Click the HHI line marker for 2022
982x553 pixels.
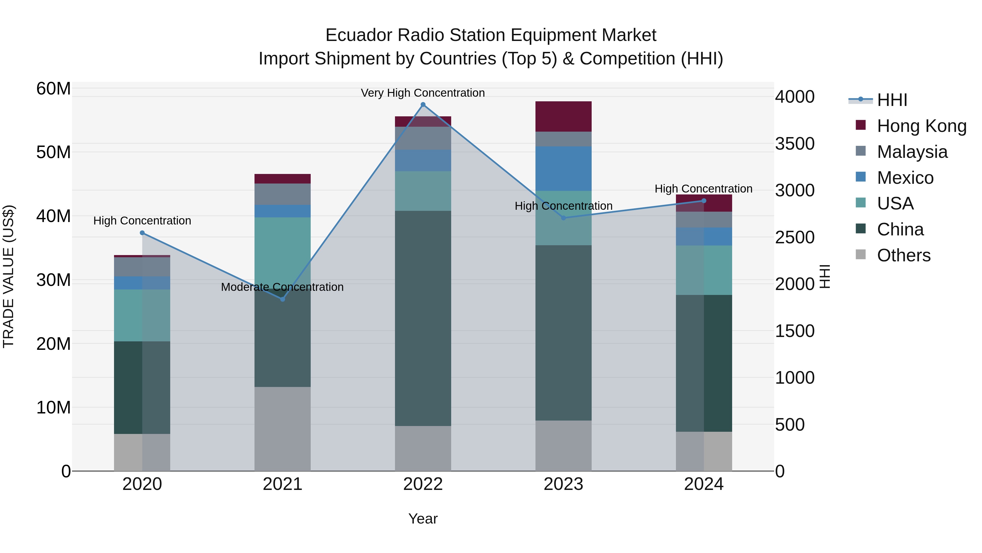pos(423,105)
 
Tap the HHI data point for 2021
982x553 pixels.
pos(283,299)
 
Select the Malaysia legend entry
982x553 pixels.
pos(912,152)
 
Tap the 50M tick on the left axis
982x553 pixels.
pos(53,152)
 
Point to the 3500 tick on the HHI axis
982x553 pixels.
pos(795,144)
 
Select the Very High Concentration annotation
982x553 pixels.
pos(423,93)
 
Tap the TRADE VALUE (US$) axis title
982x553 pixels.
pos(8,276)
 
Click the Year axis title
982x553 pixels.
pos(423,519)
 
